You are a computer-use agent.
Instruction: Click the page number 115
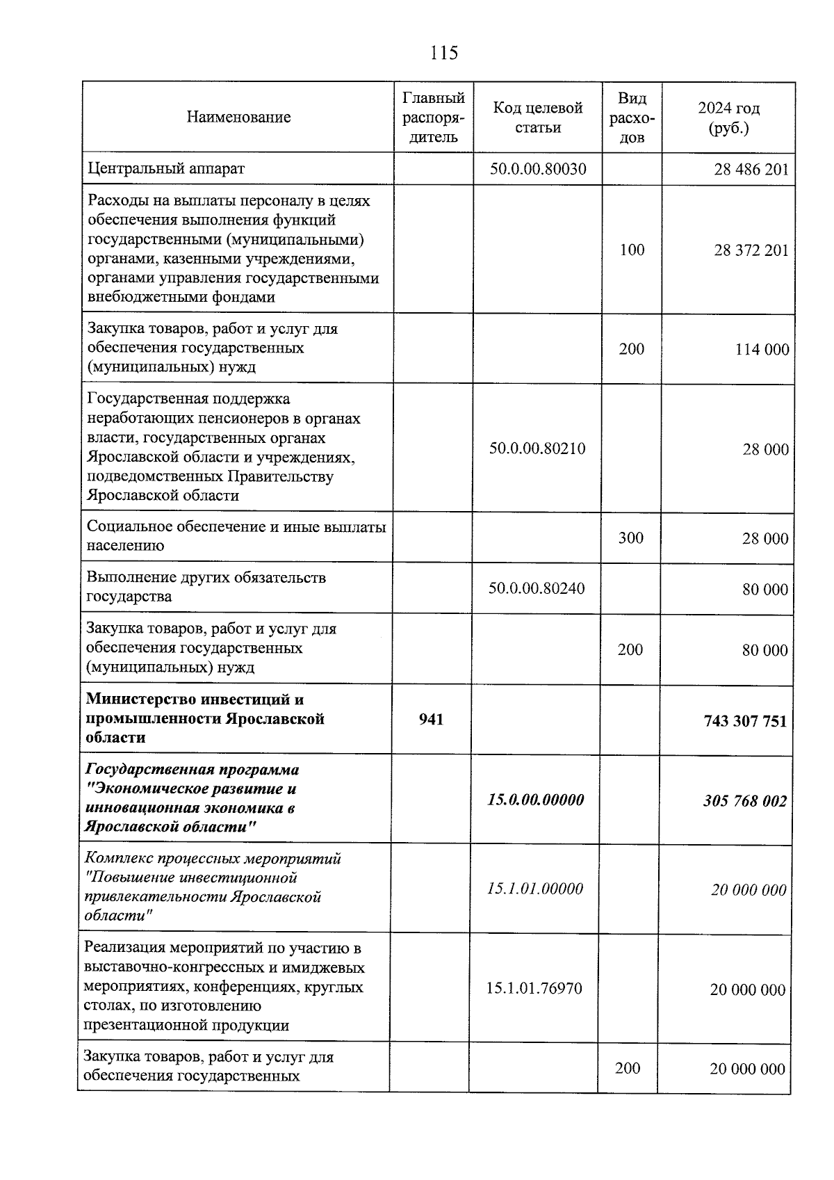pos(444,53)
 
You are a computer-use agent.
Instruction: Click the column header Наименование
pos(238,117)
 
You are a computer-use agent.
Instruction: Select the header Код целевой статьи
pos(537,118)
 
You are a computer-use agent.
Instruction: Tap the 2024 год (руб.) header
pos(728,118)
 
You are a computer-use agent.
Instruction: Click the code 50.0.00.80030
pos(537,169)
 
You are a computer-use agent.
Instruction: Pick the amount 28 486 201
pos(751,170)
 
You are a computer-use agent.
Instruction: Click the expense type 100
pos(632,250)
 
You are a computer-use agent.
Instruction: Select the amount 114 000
pos(762,350)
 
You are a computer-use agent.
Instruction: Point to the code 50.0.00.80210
pos(537,448)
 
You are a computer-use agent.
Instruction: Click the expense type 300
pos(631,538)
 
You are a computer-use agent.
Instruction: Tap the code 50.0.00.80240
pos(536,588)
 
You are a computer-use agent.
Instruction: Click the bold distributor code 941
pos(431,719)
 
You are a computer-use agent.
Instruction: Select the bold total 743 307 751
pos(745,721)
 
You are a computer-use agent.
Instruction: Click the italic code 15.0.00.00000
pos(535,800)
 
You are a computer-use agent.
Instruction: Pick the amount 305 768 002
pos(745,801)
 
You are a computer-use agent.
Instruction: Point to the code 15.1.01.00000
pos(534,889)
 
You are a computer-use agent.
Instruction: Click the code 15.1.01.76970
pos(534,988)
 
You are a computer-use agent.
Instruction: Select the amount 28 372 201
pos(751,250)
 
